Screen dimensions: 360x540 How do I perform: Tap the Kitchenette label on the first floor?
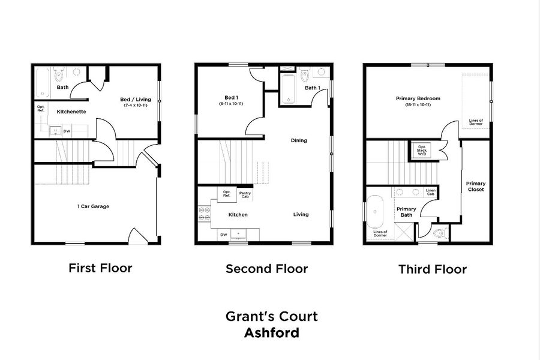tap(71, 112)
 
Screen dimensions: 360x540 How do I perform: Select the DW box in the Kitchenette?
tap(67, 130)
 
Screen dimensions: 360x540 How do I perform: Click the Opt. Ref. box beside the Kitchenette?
tap(41, 109)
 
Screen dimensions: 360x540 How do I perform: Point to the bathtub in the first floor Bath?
tap(42, 83)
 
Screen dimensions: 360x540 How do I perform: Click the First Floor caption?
tap(100, 268)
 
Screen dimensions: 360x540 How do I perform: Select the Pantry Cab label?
tap(245, 194)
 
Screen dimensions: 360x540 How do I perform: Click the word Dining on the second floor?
tap(299, 140)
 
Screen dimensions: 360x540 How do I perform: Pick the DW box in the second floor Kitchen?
tap(223, 235)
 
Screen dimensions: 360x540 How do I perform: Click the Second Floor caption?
tap(266, 269)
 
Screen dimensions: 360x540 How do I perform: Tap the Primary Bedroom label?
tap(418, 98)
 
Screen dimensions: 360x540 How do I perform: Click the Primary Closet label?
tap(476, 186)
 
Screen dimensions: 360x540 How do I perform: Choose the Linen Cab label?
tap(430, 193)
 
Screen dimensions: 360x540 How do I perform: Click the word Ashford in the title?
tap(271, 332)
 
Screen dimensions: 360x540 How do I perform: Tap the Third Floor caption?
tap(432, 269)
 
